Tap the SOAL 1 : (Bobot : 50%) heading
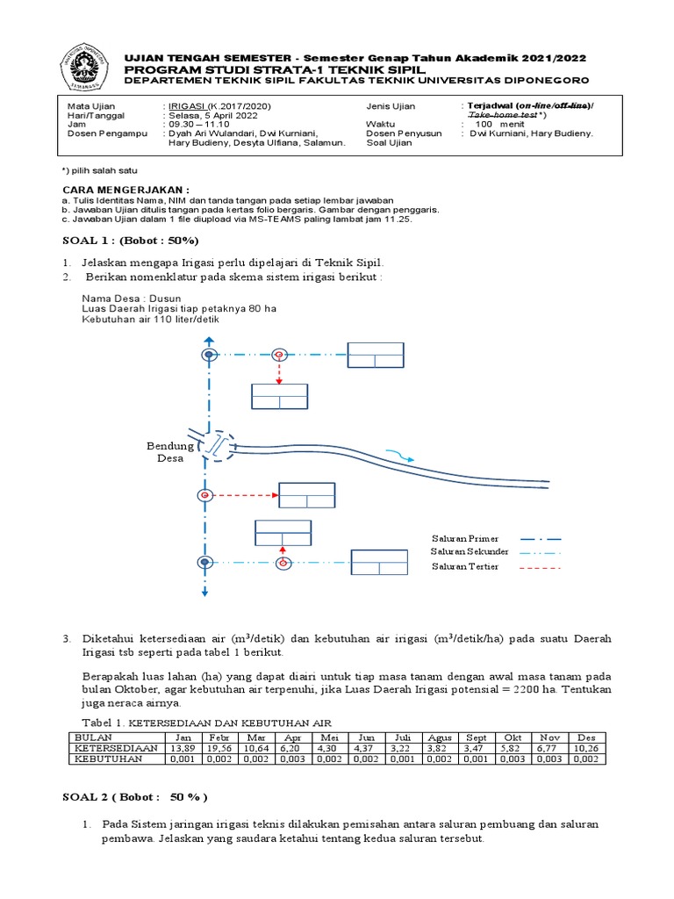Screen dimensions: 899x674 point(130,240)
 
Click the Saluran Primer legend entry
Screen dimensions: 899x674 point(465,538)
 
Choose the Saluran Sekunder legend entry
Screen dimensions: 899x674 point(470,552)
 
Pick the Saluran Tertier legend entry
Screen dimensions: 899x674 point(465,567)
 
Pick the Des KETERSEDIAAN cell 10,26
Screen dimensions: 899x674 point(587,748)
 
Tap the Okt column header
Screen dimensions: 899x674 point(513,737)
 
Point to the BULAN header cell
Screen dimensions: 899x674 point(95,737)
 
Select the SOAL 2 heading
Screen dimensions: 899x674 point(134,797)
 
